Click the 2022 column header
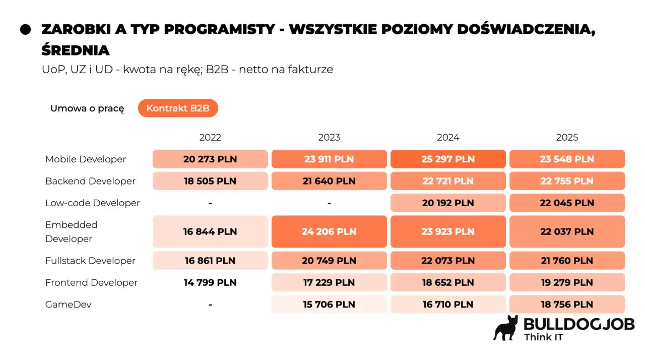point(210,137)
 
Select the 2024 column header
point(448,137)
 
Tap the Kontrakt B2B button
point(178,108)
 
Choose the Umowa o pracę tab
point(87,108)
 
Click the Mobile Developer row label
point(86,159)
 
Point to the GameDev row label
point(69,305)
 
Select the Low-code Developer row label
point(93,203)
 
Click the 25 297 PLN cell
point(448,159)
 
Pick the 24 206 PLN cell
point(329,232)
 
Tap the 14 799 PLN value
point(210,283)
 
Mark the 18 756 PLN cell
point(567,305)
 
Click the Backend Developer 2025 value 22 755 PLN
point(567,181)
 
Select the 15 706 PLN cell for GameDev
point(329,305)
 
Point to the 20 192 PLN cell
point(448,203)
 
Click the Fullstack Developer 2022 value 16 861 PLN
point(210,261)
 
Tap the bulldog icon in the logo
point(506,328)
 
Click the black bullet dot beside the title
point(26,29)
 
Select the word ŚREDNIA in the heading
point(76,50)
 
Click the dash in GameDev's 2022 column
point(210,305)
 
